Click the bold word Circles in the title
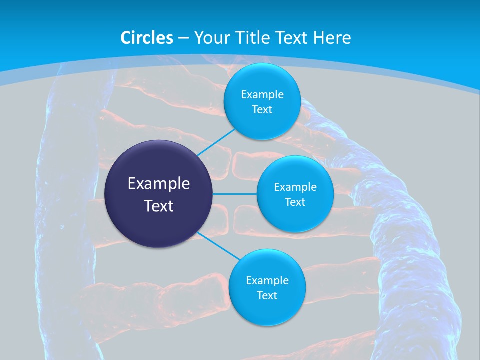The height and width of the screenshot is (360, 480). point(147,38)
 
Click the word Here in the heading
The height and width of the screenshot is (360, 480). point(332,38)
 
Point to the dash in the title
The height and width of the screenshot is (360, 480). point(183,38)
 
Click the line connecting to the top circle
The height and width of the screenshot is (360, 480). point(217,142)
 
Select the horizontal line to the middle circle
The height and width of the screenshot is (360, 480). point(235,194)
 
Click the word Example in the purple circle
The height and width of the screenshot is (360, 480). point(159,184)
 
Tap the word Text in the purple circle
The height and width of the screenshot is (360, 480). point(159,206)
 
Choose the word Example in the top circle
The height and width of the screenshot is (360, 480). point(262,95)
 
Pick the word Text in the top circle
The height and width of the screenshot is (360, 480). point(262,109)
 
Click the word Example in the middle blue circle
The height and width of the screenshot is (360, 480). point(295,187)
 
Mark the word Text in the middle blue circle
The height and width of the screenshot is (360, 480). point(295,202)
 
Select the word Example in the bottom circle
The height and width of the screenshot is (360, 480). point(267,281)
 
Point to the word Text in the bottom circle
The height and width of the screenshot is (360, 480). point(267,295)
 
